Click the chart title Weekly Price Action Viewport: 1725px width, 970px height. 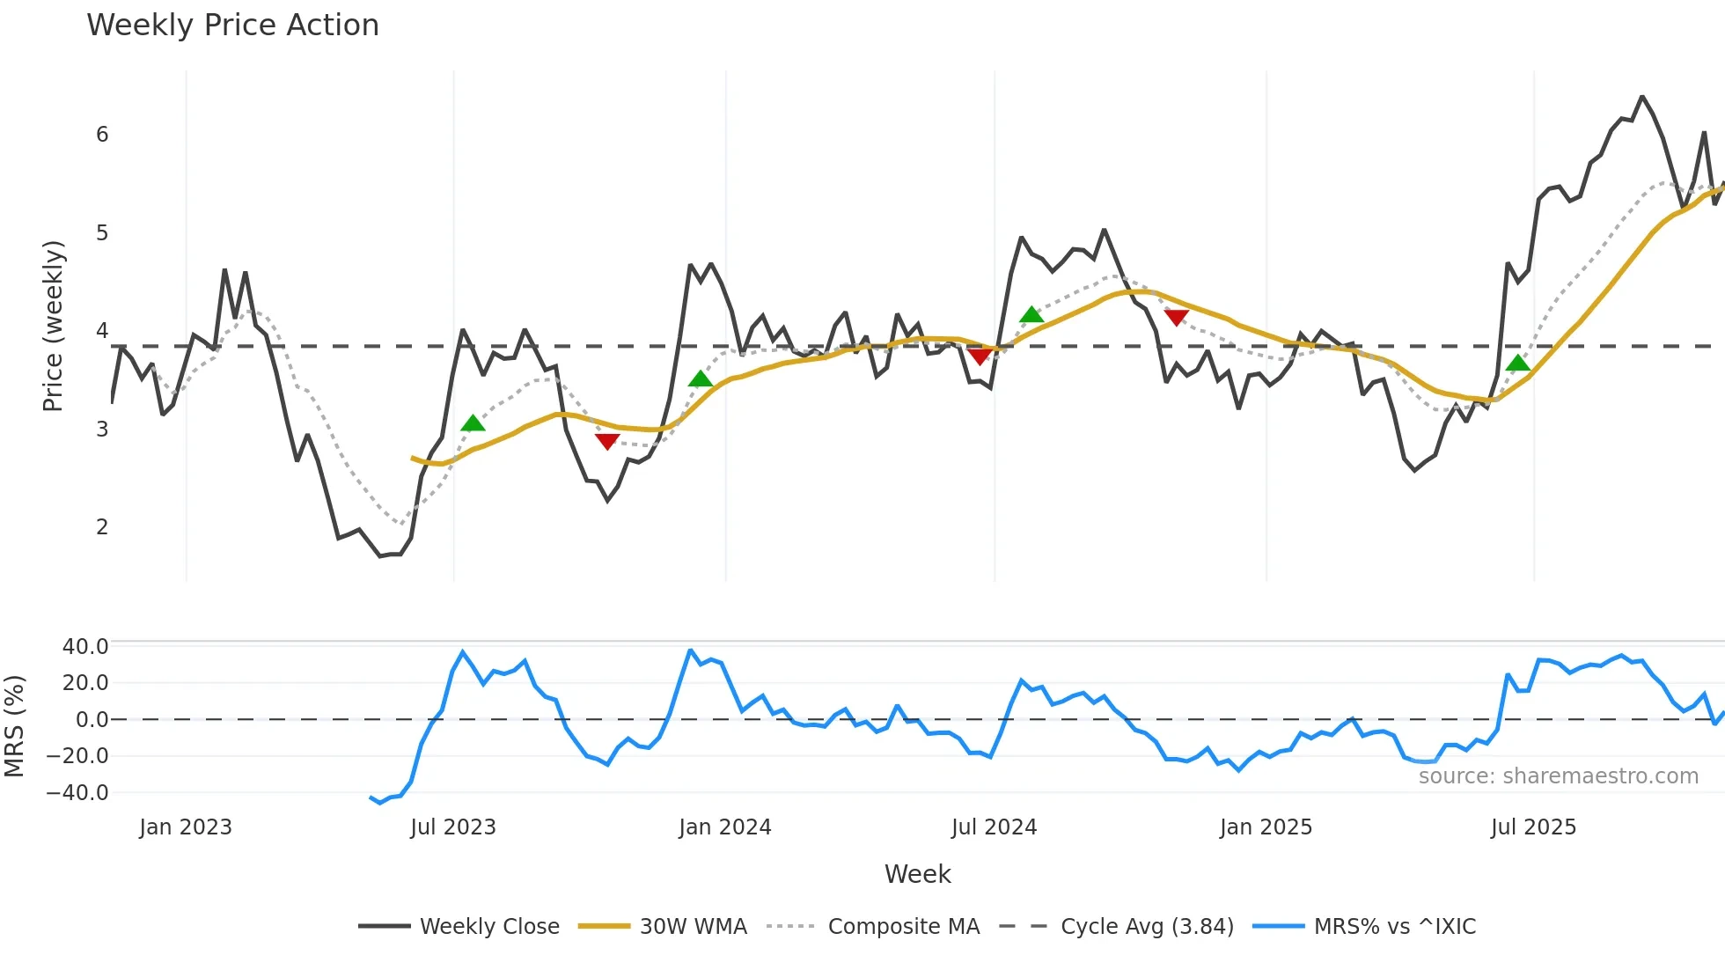tap(232, 26)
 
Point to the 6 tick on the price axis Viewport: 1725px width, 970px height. tap(102, 135)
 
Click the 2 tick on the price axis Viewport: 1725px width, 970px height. tap(102, 527)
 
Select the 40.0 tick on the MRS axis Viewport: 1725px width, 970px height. tap(85, 647)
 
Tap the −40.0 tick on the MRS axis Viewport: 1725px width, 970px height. tap(77, 793)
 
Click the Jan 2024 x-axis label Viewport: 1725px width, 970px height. tap(725, 827)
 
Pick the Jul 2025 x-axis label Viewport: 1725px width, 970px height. tap(1533, 827)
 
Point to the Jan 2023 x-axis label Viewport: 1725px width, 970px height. tap(186, 827)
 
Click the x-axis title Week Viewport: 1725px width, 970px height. tap(917, 874)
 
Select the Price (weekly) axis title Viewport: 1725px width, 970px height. tap(54, 326)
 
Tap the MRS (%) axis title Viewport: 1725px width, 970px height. tap(14, 726)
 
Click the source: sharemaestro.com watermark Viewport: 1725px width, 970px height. tap(1558, 776)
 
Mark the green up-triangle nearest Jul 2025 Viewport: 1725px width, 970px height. tap(1517, 363)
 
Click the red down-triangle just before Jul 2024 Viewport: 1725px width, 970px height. tap(980, 356)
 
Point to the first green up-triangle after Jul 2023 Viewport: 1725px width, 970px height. tap(473, 423)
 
